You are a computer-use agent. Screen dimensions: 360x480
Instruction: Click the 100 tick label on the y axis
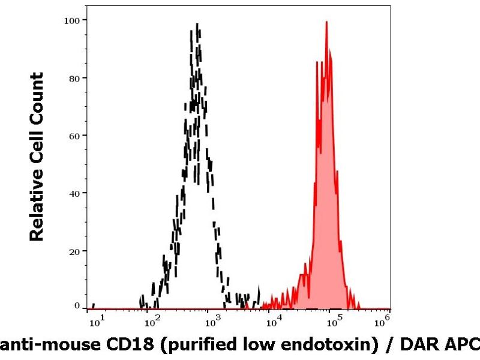pyautogui.click(x=73, y=20)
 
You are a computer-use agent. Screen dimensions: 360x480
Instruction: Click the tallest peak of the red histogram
pyautogui.click(x=326, y=22)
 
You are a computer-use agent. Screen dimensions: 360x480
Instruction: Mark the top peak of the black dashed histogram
pyautogui.click(x=197, y=24)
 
